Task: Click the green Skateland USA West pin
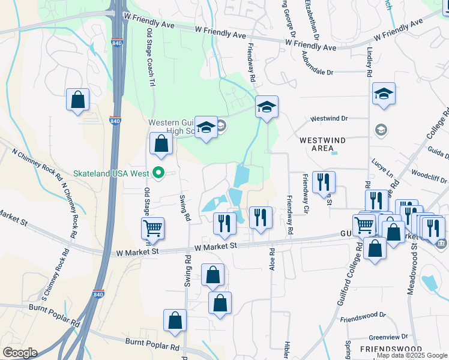coord(158,173)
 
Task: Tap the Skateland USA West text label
coord(111,173)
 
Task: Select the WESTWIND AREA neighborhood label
coord(322,144)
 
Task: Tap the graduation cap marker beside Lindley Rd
coord(384,94)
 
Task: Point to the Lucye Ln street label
coord(382,167)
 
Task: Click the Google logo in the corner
coord(20,353)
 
